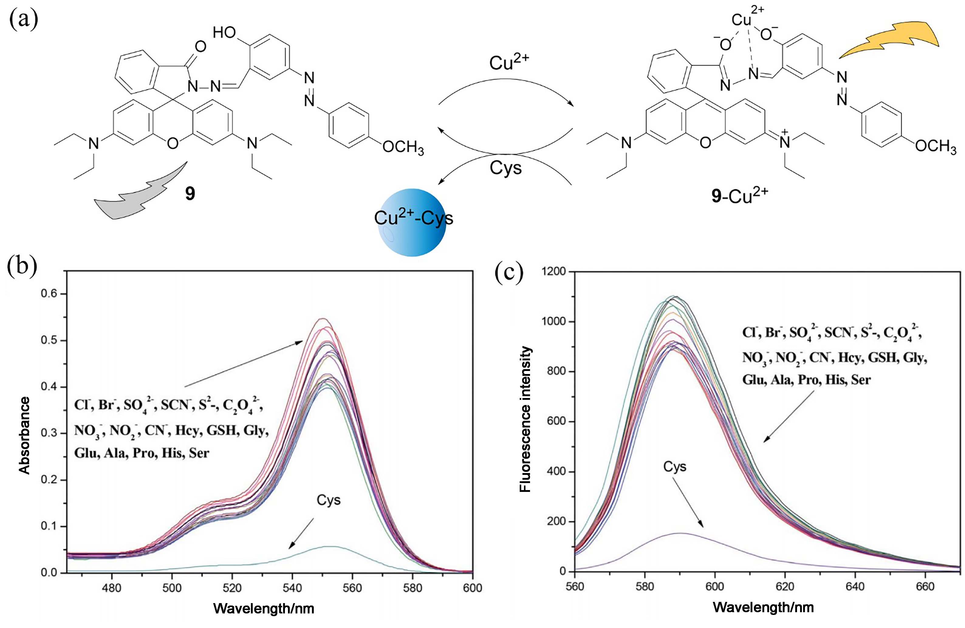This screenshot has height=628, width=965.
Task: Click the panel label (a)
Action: pos(23,19)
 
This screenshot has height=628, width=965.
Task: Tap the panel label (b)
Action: pos(22,266)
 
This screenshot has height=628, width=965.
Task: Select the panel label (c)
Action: pos(509,273)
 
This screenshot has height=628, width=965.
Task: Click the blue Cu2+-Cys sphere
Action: pos(412,222)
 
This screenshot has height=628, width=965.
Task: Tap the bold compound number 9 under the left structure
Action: pos(190,194)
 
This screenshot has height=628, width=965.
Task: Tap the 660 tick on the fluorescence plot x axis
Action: pos(925,587)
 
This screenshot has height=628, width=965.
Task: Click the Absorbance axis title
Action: pos(25,435)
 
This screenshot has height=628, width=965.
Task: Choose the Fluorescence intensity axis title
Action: pos(525,420)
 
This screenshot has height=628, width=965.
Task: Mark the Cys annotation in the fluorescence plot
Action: pos(675,467)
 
